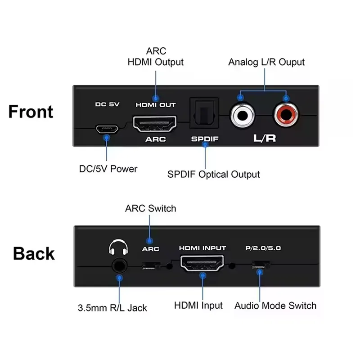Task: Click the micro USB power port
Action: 107,129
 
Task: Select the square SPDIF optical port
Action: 204,113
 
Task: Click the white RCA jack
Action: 243,115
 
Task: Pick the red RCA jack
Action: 286,115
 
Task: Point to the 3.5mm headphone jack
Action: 119,266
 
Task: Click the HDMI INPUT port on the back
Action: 202,263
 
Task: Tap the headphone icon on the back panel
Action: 118,247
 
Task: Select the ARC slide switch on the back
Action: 151,266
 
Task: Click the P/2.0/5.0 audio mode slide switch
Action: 261,265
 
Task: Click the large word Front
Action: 31,112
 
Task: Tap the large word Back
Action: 34,253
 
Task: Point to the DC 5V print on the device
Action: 107,104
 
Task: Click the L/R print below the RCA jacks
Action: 265,138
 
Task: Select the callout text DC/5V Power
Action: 108,169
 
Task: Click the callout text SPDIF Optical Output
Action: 213,175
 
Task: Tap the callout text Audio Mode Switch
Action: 275,306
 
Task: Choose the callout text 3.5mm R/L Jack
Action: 112,308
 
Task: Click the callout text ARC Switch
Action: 151,208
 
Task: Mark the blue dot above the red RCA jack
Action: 286,99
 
